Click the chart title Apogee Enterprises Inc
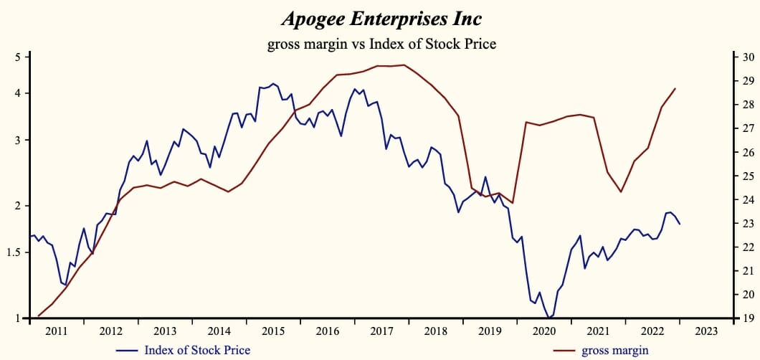click(x=381, y=17)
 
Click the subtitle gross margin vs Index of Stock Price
click(x=381, y=44)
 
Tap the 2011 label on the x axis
click(x=56, y=331)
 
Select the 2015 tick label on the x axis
click(x=273, y=331)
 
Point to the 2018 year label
click(x=436, y=331)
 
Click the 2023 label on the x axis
click(x=707, y=331)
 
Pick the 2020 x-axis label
click(x=544, y=331)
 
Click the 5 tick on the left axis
click(x=19, y=57)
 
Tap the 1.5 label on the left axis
click(x=16, y=252)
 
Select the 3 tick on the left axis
click(x=19, y=140)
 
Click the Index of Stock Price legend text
click(x=197, y=350)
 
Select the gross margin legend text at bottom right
click(x=615, y=350)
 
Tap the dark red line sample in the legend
click(x=565, y=350)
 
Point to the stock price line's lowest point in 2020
click(x=549, y=318)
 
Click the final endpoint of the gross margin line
click(x=675, y=88)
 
